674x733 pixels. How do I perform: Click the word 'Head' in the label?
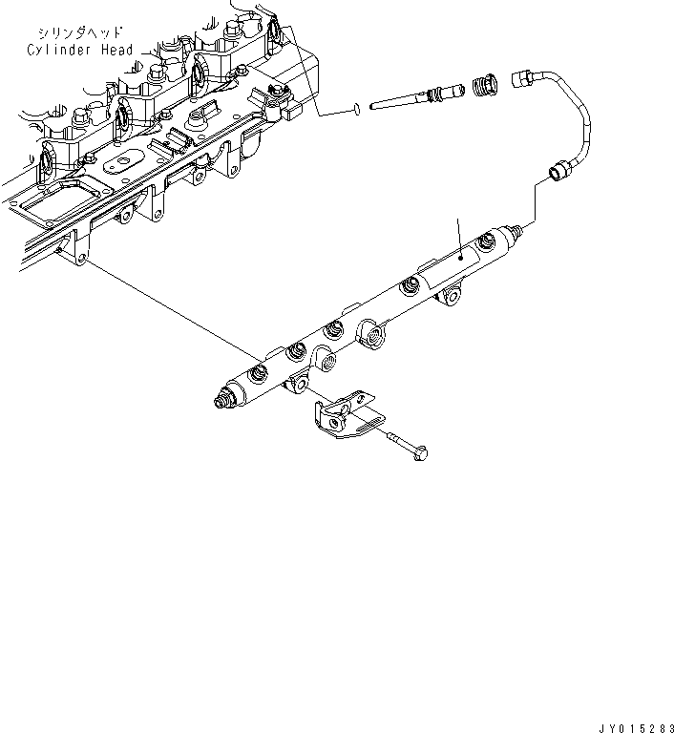pyautogui.click(x=115, y=50)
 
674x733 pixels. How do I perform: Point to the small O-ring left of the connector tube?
pyautogui.click(x=355, y=108)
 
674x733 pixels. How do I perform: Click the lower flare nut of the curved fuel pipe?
pyautogui.click(x=559, y=174)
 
